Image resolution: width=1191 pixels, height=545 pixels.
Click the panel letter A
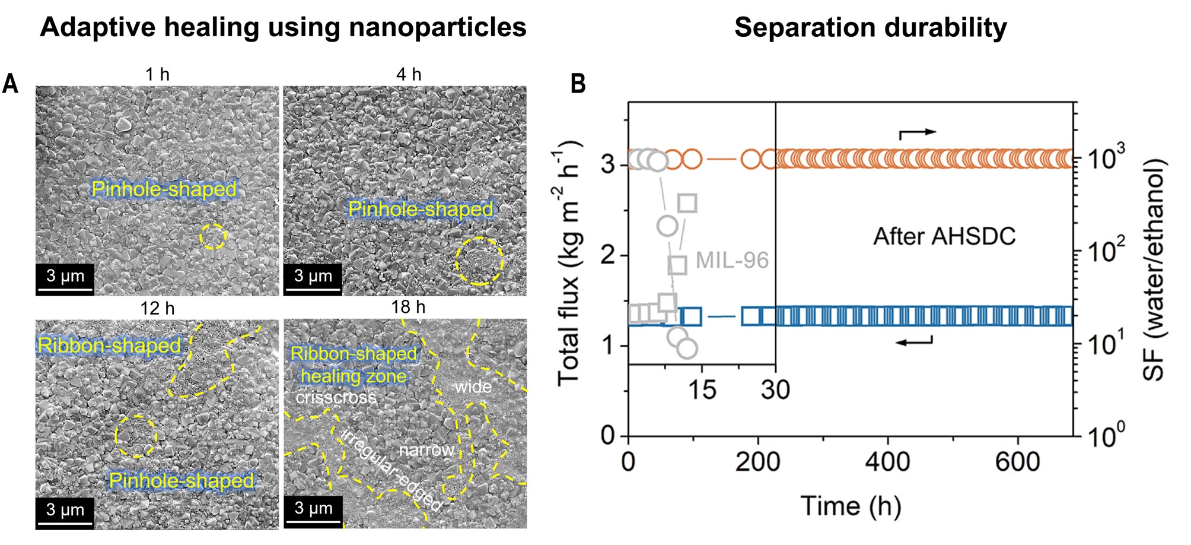(10, 84)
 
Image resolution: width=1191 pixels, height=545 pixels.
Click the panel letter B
(578, 84)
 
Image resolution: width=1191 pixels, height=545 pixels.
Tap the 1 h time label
(157, 75)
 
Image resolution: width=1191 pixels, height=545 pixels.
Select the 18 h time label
(408, 308)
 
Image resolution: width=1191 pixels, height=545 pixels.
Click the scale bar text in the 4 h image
(313, 275)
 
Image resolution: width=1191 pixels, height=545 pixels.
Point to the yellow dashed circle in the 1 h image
(213, 236)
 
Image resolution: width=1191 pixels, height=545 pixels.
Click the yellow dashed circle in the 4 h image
(479, 261)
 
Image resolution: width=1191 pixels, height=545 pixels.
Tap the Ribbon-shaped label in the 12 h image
(109, 346)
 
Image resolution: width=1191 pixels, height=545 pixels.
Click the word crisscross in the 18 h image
(336, 397)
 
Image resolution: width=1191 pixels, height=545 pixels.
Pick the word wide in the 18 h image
(473, 387)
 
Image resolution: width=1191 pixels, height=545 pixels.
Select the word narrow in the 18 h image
(427, 450)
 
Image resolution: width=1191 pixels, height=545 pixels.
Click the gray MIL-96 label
(732, 260)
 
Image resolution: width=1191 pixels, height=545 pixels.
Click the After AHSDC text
(944, 236)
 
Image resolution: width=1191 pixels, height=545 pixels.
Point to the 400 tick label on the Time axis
(887, 462)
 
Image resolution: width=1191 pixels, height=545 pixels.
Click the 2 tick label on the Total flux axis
(607, 255)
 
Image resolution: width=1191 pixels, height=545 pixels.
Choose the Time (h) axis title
(851, 506)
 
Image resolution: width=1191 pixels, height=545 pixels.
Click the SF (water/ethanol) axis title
(1154, 270)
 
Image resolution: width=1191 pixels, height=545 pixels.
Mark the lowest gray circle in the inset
(687, 348)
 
